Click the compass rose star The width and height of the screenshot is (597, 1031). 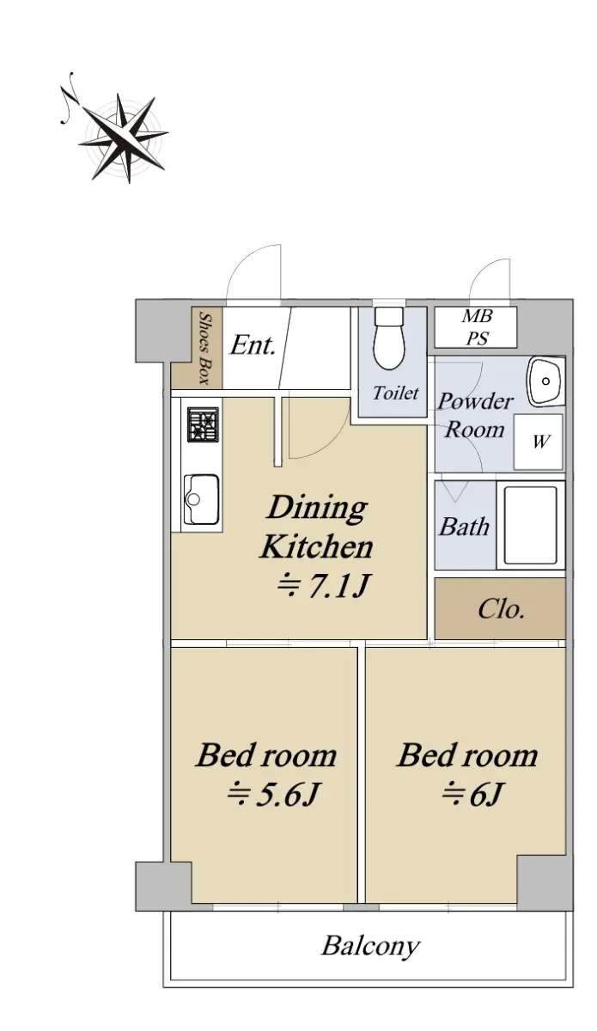point(124,137)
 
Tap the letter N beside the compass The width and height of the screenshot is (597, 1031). point(68,98)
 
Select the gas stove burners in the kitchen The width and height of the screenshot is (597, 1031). point(203,424)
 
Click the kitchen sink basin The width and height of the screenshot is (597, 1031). point(201,500)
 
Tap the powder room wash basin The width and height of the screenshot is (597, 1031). point(546,381)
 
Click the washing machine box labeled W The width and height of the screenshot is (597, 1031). point(538,442)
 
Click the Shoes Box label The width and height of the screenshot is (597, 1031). point(204,348)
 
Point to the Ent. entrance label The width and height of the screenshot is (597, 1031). point(253,345)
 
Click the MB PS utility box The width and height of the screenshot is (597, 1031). point(476,327)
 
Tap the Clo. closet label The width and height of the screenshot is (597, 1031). point(501,609)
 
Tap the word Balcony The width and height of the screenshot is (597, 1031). point(370,946)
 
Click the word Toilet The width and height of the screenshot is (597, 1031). point(395,393)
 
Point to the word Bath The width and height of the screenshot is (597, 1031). point(464,527)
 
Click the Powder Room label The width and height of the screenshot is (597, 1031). point(475,415)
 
